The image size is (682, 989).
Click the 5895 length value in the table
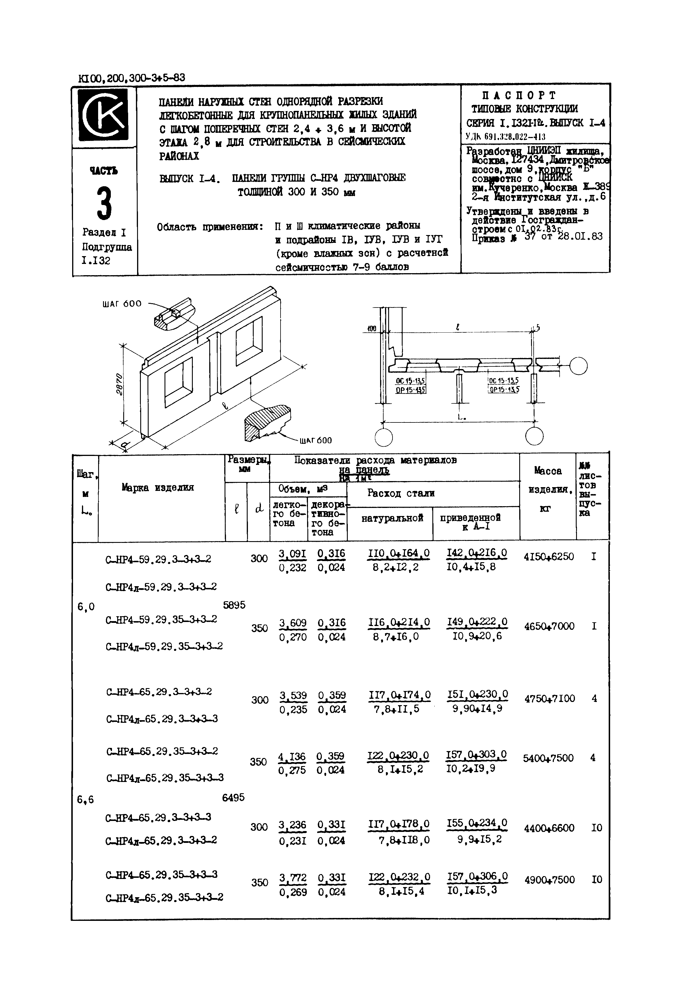pyautogui.click(x=234, y=605)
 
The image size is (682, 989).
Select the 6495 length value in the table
pyautogui.click(x=233, y=798)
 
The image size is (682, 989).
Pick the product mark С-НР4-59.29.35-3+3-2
pyautogui.click(x=161, y=619)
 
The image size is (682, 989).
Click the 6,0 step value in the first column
pyautogui.click(x=86, y=606)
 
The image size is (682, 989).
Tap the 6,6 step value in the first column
pyautogui.click(x=85, y=799)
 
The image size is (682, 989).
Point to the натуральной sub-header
pyautogui.click(x=392, y=518)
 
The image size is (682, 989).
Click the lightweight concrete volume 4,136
pyautogui.click(x=292, y=757)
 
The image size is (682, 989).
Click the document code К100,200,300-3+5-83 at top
pyautogui.click(x=132, y=78)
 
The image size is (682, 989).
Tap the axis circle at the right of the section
pyautogui.click(x=578, y=366)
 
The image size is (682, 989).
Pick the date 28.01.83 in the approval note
pyautogui.click(x=580, y=236)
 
